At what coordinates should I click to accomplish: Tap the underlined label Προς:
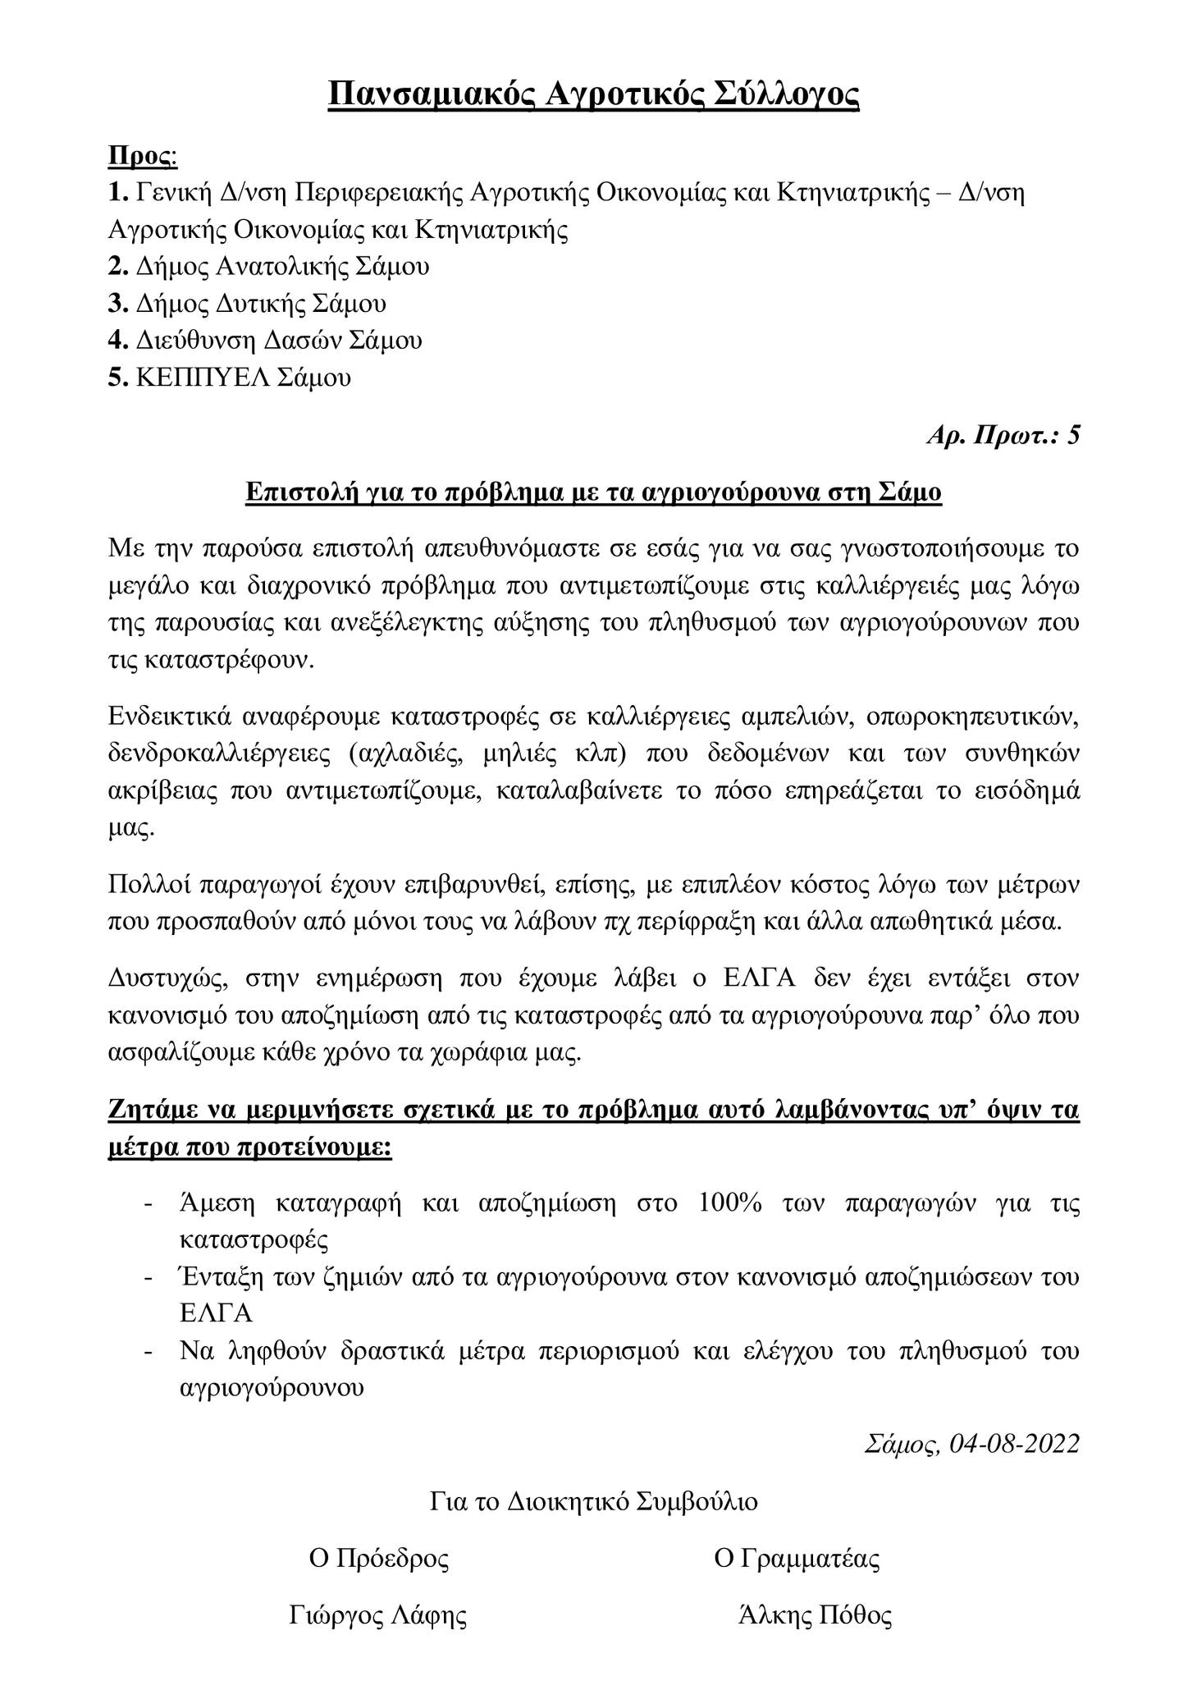[143, 156]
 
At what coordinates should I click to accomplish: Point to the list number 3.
[116, 304]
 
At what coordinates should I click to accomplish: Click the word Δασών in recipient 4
[302, 340]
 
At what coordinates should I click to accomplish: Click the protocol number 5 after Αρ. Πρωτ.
[1072, 436]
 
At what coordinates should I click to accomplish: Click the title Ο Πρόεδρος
[378, 1558]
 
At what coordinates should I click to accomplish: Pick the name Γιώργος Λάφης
[378, 1615]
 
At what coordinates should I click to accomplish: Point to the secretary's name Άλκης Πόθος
[815, 1615]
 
